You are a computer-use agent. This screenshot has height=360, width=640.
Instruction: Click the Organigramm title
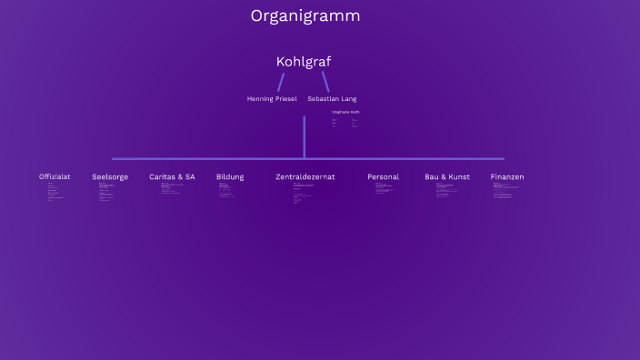click(x=305, y=16)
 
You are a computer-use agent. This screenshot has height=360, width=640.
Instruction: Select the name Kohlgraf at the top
click(x=304, y=62)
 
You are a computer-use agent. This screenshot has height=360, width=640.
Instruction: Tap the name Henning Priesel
click(x=272, y=98)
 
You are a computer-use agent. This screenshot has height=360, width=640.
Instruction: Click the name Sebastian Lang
click(x=332, y=98)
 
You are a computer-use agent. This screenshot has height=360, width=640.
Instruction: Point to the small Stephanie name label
click(x=345, y=112)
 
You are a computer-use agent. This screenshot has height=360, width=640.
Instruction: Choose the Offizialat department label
click(x=55, y=176)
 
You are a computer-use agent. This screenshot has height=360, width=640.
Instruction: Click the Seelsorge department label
click(x=110, y=176)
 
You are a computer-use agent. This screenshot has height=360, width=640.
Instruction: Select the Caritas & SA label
click(x=172, y=176)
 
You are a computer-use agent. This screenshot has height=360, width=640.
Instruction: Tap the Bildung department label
click(x=230, y=176)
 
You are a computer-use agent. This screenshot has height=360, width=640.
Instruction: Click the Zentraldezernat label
click(x=305, y=176)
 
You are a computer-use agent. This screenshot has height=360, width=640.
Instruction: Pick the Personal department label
click(x=383, y=176)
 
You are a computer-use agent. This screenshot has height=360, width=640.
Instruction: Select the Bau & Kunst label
click(x=447, y=176)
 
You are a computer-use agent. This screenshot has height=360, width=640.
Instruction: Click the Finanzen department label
click(x=507, y=176)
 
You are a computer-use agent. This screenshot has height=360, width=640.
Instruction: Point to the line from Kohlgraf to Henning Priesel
click(x=281, y=82)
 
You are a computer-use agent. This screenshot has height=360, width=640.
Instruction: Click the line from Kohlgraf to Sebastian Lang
click(x=325, y=82)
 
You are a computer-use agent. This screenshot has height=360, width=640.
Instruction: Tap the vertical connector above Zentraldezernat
click(x=305, y=136)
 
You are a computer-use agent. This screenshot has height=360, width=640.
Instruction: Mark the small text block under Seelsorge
click(x=106, y=191)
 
